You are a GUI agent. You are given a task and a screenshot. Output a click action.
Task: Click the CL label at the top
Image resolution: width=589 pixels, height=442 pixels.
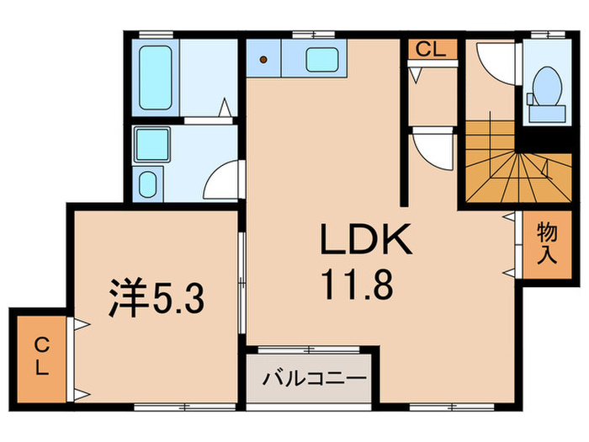(431, 49)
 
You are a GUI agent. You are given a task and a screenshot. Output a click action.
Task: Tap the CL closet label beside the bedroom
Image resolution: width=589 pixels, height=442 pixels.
(40, 356)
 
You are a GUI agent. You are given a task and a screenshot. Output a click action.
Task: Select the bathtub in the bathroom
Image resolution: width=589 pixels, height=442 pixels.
(157, 77)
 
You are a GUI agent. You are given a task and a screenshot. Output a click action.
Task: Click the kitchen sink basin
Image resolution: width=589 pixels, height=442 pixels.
(321, 60)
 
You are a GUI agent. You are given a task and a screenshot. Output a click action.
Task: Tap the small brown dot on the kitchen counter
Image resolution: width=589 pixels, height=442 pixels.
(264, 60)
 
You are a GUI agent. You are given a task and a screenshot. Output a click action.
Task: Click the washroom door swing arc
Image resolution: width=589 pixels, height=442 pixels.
(220, 181)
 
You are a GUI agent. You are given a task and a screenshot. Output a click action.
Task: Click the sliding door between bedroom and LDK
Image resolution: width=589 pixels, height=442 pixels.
(242, 278)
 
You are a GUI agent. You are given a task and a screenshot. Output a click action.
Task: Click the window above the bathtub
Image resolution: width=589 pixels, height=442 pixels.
(157, 34)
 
